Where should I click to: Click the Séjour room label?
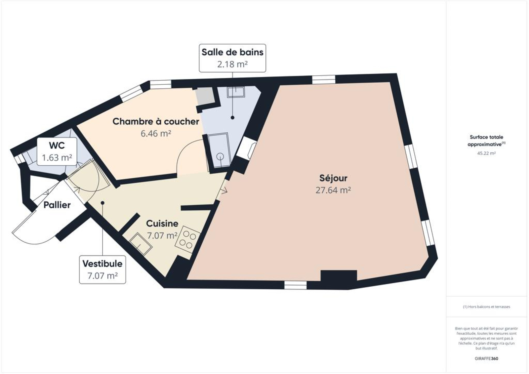(333, 178)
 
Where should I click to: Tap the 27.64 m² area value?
(333, 190)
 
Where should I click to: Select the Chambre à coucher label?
(156, 121)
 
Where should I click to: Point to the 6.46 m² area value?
(156, 134)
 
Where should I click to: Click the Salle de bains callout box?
(232, 58)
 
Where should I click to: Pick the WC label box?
(57, 151)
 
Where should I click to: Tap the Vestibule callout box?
(102, 270)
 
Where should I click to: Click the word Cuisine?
(162, 224)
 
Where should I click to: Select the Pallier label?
(57, 205)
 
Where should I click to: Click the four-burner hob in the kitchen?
(188, 240)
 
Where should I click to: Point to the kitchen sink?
(141, 244)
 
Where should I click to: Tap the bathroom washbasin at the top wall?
(236, 92)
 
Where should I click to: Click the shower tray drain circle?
(220, 156)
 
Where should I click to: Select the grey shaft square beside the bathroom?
(205, 96)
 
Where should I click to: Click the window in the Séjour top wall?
(324, 80)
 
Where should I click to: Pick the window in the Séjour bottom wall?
(296, 285)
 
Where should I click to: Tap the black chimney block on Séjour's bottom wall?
(339, 279)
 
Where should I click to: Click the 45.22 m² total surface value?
(486, 153)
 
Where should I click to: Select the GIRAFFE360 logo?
(486, 358)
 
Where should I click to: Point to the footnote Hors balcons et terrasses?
(486, 307)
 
